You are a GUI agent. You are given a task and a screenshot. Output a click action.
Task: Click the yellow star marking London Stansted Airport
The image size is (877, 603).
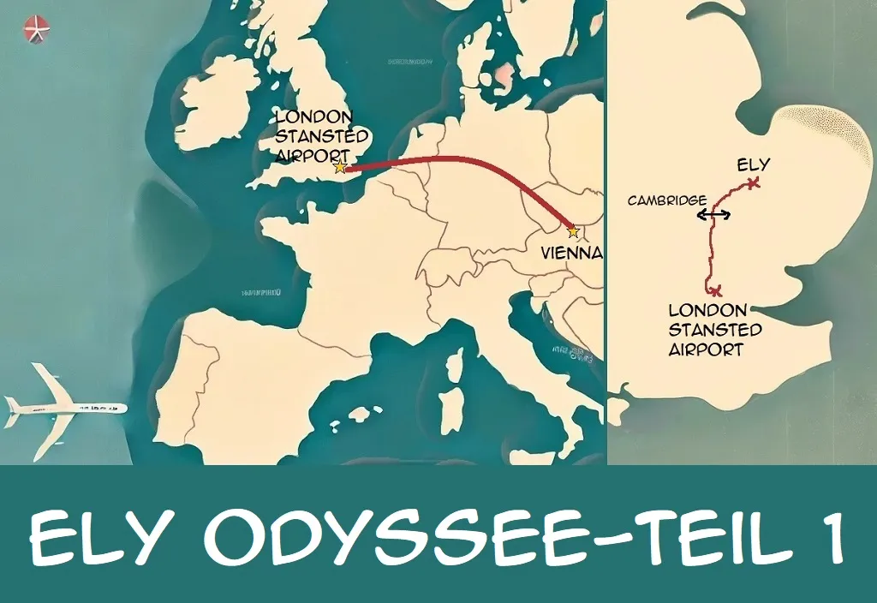tap(340, 167)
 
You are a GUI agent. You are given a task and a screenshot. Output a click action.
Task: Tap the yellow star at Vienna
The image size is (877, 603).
tap(573, 231)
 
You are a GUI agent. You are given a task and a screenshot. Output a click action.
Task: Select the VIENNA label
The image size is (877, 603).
tap(572, 254)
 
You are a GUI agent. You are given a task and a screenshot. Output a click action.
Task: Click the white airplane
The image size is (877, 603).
tap(64, 407)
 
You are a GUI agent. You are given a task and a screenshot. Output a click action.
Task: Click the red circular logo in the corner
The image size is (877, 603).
tap(37, 29)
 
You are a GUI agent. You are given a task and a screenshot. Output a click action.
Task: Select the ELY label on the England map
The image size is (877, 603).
tap(753, 164)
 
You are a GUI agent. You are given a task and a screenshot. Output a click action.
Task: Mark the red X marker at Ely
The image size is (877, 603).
tap(753, 182)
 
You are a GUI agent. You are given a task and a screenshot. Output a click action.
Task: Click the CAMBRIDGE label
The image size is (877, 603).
tap(665, 200)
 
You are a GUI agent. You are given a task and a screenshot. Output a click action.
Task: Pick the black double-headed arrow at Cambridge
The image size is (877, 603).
tap(713, 215)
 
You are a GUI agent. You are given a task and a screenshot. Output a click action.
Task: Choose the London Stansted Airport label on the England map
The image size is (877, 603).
tap(714, 330)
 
